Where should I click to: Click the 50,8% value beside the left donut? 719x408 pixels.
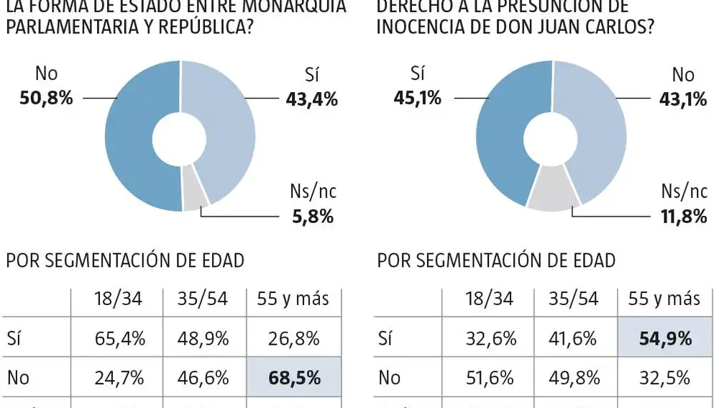point(46,98)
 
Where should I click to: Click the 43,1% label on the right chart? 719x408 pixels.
point(683,99)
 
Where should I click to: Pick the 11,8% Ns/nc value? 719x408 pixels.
point(683,216)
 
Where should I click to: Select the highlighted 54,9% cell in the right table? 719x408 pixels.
point(664,338)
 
